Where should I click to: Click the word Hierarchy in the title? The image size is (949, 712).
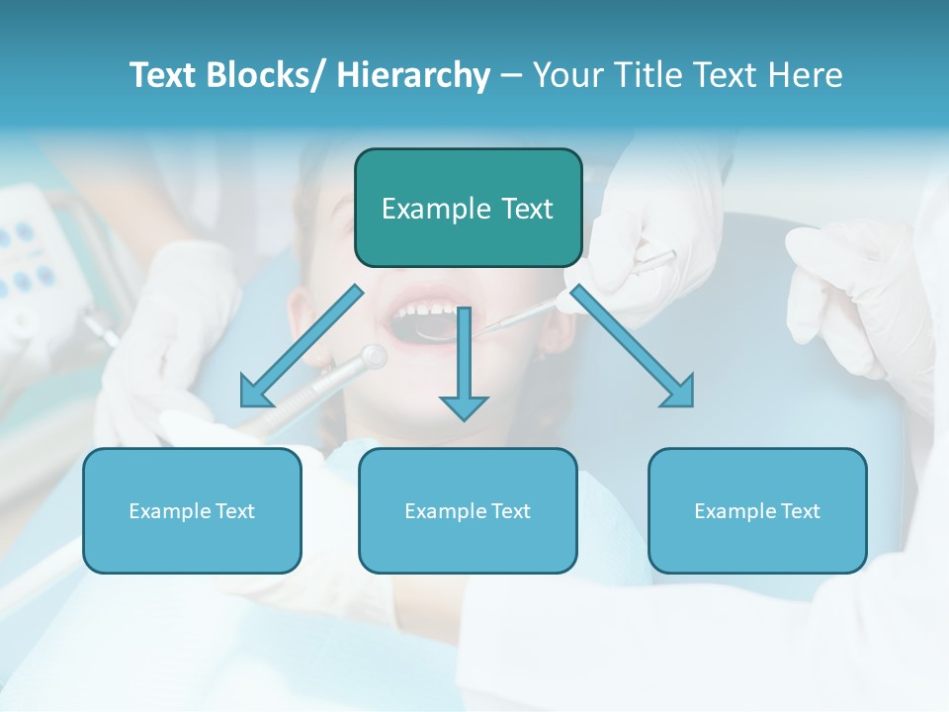[x=413, y=75]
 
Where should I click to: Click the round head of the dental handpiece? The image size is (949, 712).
[x=373, y=356]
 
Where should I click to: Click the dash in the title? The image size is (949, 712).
[x=511, y=75]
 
